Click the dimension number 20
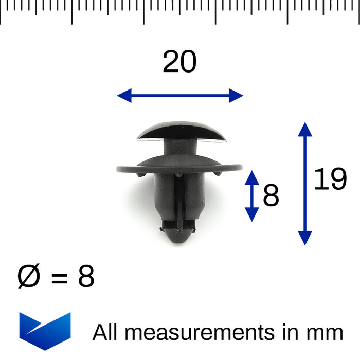tap(179, 63)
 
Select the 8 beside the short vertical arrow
tap(271, 196)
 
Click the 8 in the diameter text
tap(86, 278)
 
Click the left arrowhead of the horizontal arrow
tap(124, 95)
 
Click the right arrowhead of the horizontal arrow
tap(236, 95)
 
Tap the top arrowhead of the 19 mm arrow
tap(305, 129)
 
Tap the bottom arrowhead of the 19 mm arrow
tap(305, 238)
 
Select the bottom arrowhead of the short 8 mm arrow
tap(251, 214)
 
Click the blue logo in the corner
tap(45, 331)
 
